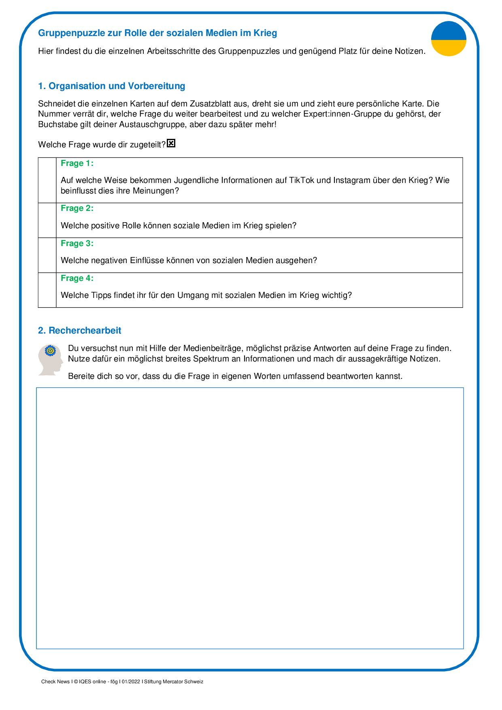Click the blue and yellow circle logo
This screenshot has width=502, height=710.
(x=449, y=39)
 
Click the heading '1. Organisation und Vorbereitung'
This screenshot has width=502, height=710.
(x=111, y=86)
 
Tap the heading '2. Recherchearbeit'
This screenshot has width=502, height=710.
(x=79, y=330)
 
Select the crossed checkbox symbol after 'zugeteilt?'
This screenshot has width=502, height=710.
(x=171, y=143)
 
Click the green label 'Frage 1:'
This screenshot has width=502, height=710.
(x=77, y=163)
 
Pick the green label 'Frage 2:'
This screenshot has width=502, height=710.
(x=77, y=208)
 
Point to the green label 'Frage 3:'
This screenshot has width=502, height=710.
(x=77, y=243)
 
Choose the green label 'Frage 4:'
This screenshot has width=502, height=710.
(x=77, y=278)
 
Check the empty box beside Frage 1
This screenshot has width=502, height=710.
(x=47, y=180)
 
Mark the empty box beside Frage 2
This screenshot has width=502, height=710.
(x=47, y=220)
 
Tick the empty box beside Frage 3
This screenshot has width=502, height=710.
(x=47, y=255)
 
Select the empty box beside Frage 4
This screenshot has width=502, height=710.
(x=47, y=290)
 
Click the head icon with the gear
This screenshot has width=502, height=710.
(x=51, y=360)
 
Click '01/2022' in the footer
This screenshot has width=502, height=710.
(x=131, y=682)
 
